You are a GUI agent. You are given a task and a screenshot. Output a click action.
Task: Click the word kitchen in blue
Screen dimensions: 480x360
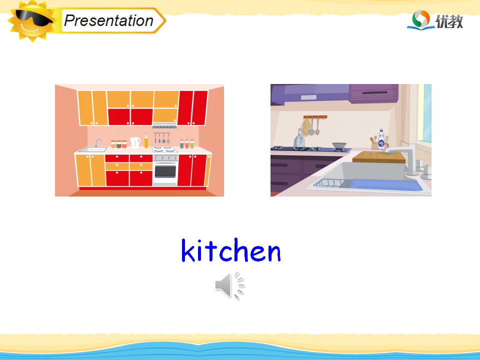(231, 250)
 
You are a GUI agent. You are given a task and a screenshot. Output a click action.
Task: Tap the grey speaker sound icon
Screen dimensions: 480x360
(229, 285)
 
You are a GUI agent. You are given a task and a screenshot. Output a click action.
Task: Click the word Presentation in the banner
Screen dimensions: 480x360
(108, 21)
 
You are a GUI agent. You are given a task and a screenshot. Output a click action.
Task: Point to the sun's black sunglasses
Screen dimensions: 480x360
(33, 18)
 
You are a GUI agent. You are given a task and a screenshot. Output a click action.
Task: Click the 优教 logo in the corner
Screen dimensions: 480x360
(435, 20)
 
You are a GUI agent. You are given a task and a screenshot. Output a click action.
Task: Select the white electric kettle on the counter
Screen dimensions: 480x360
(135, 142)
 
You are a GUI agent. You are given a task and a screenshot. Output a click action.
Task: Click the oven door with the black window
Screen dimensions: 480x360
(165, 171)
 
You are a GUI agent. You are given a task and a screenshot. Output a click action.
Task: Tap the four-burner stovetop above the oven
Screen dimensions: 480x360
(164, 149)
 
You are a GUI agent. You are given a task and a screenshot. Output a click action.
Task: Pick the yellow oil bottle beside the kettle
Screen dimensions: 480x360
(146, 141)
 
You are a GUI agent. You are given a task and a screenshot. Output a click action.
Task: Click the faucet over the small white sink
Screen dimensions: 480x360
(97, 142)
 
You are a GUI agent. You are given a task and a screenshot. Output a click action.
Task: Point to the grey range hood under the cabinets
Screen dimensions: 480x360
(164, 126)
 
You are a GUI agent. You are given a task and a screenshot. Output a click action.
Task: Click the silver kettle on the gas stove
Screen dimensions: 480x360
(299, 139)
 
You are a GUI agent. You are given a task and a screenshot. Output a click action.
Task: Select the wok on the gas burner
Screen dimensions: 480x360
(339, 145)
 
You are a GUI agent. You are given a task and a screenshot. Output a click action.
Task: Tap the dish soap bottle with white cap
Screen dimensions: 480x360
(381, 139)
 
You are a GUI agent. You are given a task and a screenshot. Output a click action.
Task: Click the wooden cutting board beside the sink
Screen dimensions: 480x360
(378, 157)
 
